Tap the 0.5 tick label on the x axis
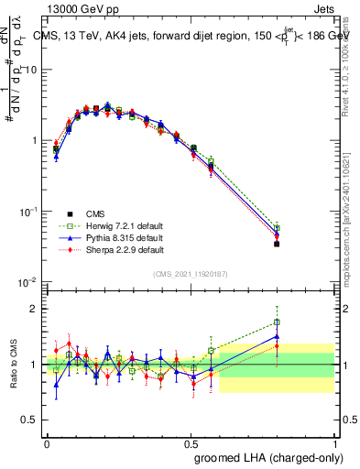[191, 442]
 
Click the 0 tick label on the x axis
[47, 442]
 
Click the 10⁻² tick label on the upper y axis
[28, 281]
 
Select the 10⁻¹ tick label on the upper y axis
[28, 211]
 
